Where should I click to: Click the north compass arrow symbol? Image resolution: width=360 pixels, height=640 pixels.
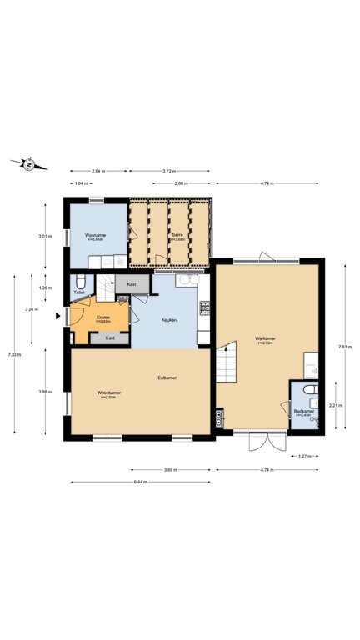point(28,164)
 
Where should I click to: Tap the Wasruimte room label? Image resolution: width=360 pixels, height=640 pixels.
point(94,237)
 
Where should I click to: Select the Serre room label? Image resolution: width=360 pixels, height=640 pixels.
point(177,237)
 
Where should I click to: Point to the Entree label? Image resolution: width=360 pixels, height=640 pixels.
point(103,317)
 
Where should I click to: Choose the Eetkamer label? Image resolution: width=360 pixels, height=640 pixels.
point(167,378)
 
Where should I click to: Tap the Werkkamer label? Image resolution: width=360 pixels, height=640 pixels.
point(265,339)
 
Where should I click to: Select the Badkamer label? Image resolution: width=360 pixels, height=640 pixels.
point(303,412)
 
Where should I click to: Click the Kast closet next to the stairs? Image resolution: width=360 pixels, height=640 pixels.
point(132,285)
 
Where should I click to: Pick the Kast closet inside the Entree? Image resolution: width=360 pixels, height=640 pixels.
point(110,337)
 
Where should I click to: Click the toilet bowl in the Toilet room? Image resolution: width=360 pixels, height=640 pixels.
point(79,281)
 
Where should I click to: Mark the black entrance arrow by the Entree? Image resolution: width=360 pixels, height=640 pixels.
point(57,315)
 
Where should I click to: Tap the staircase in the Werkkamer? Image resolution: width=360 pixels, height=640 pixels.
point(227,363)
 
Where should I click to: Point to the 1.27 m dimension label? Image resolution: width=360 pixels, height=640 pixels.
point(303,456)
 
